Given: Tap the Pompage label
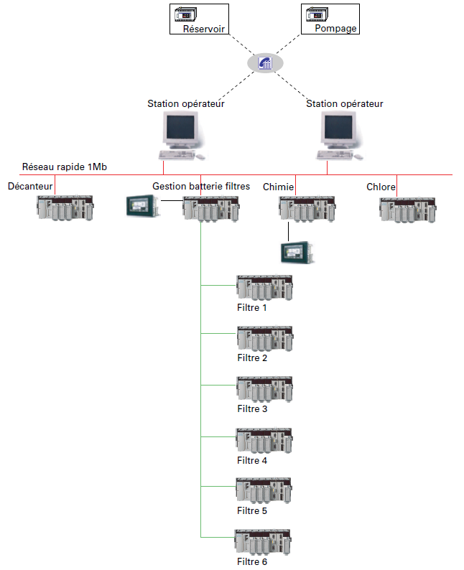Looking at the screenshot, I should (335, 29).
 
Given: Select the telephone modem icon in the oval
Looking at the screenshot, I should (264, 63).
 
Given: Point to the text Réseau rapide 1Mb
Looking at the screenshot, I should (65, 167).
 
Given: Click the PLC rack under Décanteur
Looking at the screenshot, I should (65, 208).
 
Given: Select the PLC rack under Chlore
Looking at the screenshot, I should (407, 208).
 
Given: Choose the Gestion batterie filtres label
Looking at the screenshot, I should (201, 186).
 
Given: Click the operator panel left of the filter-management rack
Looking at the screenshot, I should (142, 206).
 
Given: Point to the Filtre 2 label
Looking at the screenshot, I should (252, 358).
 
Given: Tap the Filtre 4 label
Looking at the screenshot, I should (252, 460).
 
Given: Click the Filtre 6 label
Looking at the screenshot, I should (252, 561).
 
